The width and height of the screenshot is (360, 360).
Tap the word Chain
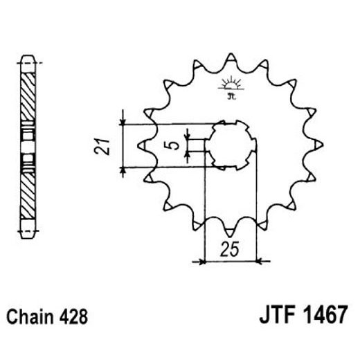[33, 318]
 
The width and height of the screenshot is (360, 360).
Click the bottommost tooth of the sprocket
[231, 231]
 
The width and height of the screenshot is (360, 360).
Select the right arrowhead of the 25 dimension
[255, 262]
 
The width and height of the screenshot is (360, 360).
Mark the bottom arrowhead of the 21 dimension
[123, 168]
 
